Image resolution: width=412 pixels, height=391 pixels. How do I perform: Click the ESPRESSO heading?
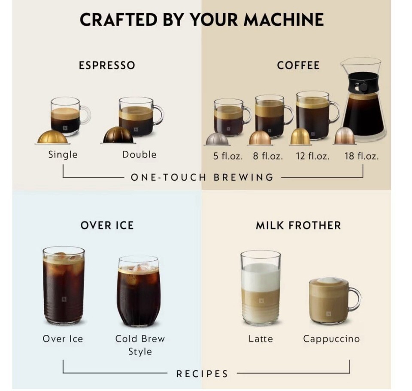point(107,65)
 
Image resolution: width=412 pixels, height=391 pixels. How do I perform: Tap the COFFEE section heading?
point(298,65)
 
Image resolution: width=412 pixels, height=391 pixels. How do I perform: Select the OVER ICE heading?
point(107,226)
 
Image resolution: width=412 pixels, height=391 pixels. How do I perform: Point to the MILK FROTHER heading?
point(298,226)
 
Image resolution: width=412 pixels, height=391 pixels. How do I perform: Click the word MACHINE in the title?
point(284,19)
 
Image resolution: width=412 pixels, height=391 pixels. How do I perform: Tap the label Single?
point(63,154)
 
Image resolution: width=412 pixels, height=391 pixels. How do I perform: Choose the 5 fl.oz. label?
point(228,156)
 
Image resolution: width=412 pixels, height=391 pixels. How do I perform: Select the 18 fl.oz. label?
point(361,156)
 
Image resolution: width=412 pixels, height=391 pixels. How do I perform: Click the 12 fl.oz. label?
point(312,156)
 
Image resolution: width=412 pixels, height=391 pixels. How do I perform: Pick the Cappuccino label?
point(331,339)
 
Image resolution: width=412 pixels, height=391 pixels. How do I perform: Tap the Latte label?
point(261,339)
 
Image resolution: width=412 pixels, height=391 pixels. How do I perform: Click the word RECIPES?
point(202,374)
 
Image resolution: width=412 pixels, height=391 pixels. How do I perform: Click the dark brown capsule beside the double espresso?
point(118,135)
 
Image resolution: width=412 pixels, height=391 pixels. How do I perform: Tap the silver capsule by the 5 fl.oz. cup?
point(217,139)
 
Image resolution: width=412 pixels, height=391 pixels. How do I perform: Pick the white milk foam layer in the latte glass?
point(261,277)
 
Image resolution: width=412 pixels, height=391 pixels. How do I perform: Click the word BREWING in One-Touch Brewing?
point(244,177)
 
